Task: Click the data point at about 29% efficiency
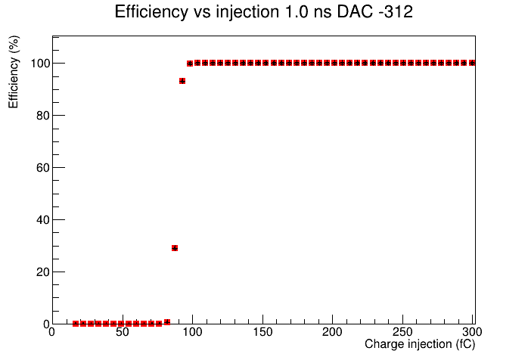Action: [x=175, y=248]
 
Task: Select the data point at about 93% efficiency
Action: [x=182, y=81]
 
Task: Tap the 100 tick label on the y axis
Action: [x=40, y=63]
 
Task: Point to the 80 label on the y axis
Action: [x=43, y=116]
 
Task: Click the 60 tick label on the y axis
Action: [x=43, y=168]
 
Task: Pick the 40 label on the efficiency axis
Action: [x=43, y=220]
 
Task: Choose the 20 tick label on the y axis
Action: [x=43, y=272]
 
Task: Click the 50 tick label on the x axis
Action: [x=123, y=332]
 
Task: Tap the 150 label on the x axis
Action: [x=262, y=332]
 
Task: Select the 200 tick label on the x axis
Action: [x=332, y=332]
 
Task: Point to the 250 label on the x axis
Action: [x=402, y=332]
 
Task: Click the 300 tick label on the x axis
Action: [x=472, y=332]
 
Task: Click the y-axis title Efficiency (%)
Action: [x=14, y=72]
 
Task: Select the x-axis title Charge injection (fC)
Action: [x=420, y=344]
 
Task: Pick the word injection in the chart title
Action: [x=247, y=12]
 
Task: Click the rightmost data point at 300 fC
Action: [x=472, y=63]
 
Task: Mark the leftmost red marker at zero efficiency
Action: [x=76, y=324]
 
